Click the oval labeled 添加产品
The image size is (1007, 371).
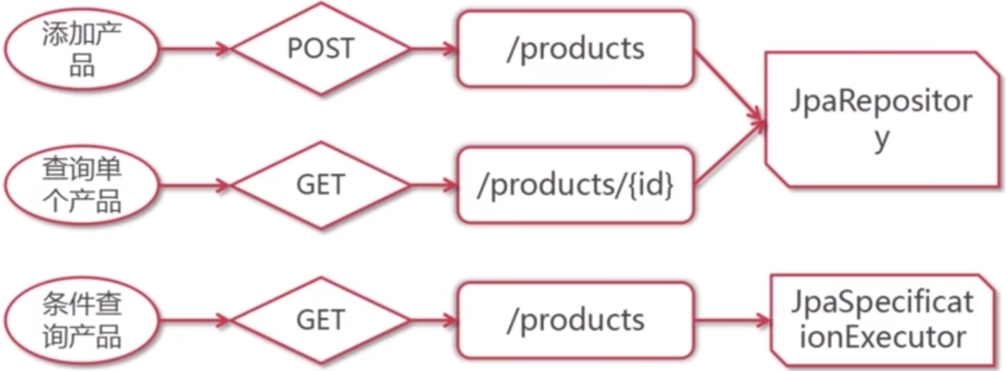[81, 49]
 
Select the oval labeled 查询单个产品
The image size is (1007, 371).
[81, 185]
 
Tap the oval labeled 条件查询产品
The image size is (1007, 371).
[81, 321]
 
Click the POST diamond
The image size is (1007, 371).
[320, 48]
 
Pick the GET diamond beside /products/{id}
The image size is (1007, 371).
[320, 185]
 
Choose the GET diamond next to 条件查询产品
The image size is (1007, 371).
[320, 320]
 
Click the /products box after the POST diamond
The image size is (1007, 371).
[575, 49]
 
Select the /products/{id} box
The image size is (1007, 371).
[575, 185]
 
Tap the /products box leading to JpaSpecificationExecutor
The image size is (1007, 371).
[575, 320]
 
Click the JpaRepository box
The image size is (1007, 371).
[881, 119]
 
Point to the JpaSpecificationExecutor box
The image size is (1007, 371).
[882, 320]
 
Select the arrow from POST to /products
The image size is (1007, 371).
[434, 49]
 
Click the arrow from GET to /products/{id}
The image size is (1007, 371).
[434, 185]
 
